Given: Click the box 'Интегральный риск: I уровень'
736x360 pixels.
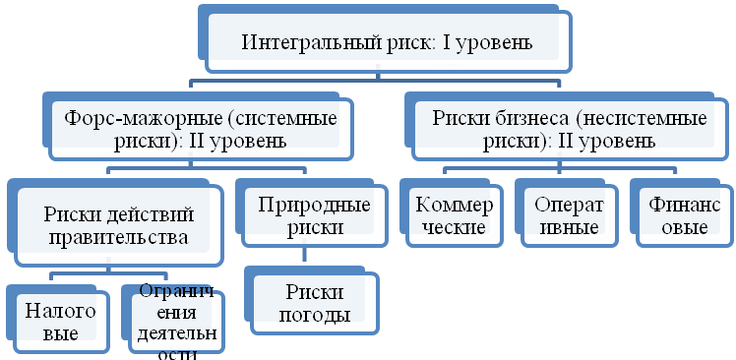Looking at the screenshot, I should tap(387, 43).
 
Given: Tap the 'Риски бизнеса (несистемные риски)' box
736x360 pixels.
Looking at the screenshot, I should tap(569, 129).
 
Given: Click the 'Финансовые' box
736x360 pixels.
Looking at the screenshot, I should tap(679, 216).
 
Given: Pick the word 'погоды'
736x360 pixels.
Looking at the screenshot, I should tap(317, 315).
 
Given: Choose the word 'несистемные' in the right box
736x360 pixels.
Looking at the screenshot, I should tap(639, 119).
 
